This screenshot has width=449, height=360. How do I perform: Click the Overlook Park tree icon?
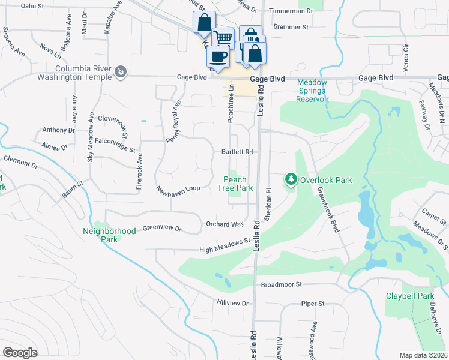coord(291,180)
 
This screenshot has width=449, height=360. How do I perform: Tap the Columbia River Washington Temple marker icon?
coord(121,72)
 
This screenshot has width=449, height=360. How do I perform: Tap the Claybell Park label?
coord(409,296)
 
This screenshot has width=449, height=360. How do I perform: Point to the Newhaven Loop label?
coord(178,188)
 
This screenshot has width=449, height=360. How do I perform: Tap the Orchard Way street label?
coord(225,224)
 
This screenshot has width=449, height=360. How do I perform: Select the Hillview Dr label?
coord(232,304)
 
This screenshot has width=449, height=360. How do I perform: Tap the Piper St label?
coord(313,304)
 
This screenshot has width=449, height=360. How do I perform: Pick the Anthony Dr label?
coord(58,130)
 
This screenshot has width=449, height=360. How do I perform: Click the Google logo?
coord(20,353)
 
